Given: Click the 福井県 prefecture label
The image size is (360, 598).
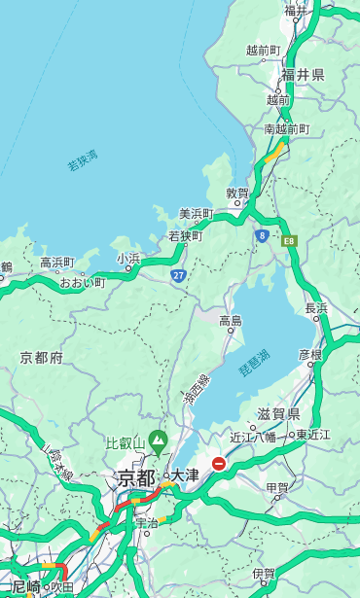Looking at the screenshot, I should pos(304,75).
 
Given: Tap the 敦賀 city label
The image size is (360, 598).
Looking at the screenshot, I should pos(237,193).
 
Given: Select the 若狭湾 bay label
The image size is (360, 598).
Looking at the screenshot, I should pos(83,160).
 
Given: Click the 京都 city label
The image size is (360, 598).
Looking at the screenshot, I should pos(136,477).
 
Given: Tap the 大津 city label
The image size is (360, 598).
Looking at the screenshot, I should pos(185,475).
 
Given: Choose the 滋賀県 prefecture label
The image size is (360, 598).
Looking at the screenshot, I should pos(278,414).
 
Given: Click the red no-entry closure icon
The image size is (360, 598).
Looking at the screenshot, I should pos(220,465).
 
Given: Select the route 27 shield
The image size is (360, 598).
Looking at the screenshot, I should pos(179,276).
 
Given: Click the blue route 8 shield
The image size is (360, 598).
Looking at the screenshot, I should pos(262,235).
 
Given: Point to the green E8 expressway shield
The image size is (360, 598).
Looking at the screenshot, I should pos(289,240).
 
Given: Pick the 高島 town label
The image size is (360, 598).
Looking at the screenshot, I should pos(231,321).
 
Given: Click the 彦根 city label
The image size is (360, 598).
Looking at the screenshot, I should pos(310,354).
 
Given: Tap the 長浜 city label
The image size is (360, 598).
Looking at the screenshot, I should pos(317,308).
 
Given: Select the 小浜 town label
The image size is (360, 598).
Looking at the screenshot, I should pos(128,259).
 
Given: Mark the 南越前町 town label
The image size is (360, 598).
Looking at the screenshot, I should pos(286,129).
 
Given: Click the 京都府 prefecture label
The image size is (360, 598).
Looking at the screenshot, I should pos(42,358).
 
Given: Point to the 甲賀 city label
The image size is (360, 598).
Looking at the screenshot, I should pos(278,488).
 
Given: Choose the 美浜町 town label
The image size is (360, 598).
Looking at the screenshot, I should pos(197,214).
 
